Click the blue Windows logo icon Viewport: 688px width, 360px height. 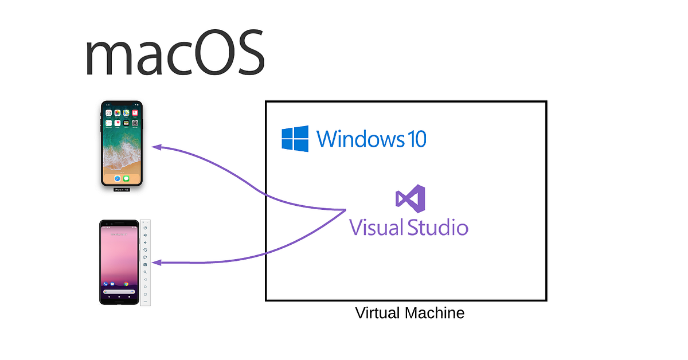pyautogui.click(x=295, y=139)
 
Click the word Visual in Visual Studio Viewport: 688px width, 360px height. pyautogui.click(x=376, y=228)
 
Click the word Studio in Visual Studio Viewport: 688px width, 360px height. pyautogui.click(x=438, y=228)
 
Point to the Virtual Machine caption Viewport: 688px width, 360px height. pyautogui.click(x=409, y=314)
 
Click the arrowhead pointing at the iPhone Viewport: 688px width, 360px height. pyautogui.click(x=157, y=147)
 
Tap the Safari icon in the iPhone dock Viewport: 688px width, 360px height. pyautogui.click(x=118, y=178)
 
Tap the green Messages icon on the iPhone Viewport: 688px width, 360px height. pyautogui.click(x=126, y=178)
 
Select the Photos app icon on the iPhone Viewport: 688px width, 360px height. pyautogui.click(x=118, y=113)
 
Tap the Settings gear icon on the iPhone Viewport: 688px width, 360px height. pyautogui.click(x=135, y=123)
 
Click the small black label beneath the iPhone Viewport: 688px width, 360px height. pyautogui.click(x=122, y=190)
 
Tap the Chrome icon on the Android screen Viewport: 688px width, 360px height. pyautogui.click(x=126, y=284)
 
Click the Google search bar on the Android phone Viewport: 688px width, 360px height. pyautogui.click(x=119, y=292)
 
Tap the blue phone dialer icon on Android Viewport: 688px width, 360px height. pyautogui.click(x=105, y=284)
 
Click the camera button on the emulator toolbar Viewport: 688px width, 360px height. pyautogui.click(x=145, y=264)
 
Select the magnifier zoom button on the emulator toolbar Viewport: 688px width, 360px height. pyautogui.click(x=145, y=272)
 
